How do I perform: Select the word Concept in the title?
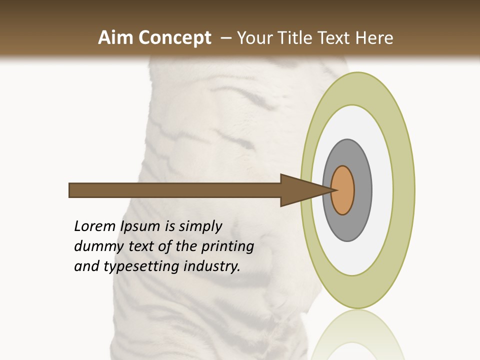click(174, 38)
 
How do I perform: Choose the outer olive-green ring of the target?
click(404, 190)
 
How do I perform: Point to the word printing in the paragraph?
click(227, 247)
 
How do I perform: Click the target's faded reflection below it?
click(357, 335)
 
